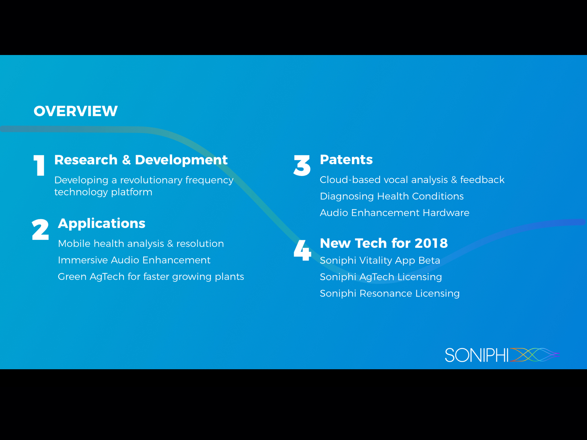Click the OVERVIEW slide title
coord(76,111)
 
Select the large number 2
coord(40,230)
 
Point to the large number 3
coord(302,165)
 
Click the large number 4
coord(302,250)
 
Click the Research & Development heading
coord(141,160)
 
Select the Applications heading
coord(102,223)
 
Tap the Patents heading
coord(346,159)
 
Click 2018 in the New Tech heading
coord(431,243)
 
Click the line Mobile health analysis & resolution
coord(141,243)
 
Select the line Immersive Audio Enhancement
coord(134,260)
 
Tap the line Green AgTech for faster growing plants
coord(151,277)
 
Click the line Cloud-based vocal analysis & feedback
coord(412,180)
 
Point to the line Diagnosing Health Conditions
coord(392,197)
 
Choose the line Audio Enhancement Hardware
coord(394,213)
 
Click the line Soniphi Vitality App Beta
coord(380,260)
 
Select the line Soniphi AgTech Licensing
coord(381,277)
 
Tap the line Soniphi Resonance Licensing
coord(390,294)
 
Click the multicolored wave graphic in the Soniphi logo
coord(535,355)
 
